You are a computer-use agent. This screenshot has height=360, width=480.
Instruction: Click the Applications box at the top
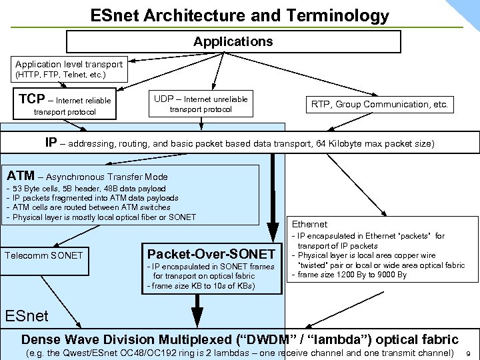tap(233, 41)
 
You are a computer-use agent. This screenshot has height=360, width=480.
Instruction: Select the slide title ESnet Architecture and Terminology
tap(239, 15)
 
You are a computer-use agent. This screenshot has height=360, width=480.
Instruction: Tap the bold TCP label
tap(32, 99)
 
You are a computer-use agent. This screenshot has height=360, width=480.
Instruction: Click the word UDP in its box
tap(163, 99)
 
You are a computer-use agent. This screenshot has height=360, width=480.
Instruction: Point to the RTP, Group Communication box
tap(380, 104)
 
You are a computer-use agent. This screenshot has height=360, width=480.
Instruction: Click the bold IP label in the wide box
tap(51, 143)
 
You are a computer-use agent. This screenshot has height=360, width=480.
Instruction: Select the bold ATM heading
tap(20, 176)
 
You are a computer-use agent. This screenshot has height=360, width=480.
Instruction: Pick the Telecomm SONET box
tap(44, 255)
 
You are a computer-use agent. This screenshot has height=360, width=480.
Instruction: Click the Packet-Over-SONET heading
tap(211, 254)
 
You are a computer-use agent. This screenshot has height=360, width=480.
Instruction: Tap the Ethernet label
tap(310, 225)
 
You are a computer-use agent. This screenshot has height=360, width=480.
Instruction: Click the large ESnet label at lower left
tap(27, 315)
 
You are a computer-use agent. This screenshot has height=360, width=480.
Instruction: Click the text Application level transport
tap(69, 64)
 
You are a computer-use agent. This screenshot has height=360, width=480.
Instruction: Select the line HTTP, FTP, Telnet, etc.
tap(61, 75)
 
